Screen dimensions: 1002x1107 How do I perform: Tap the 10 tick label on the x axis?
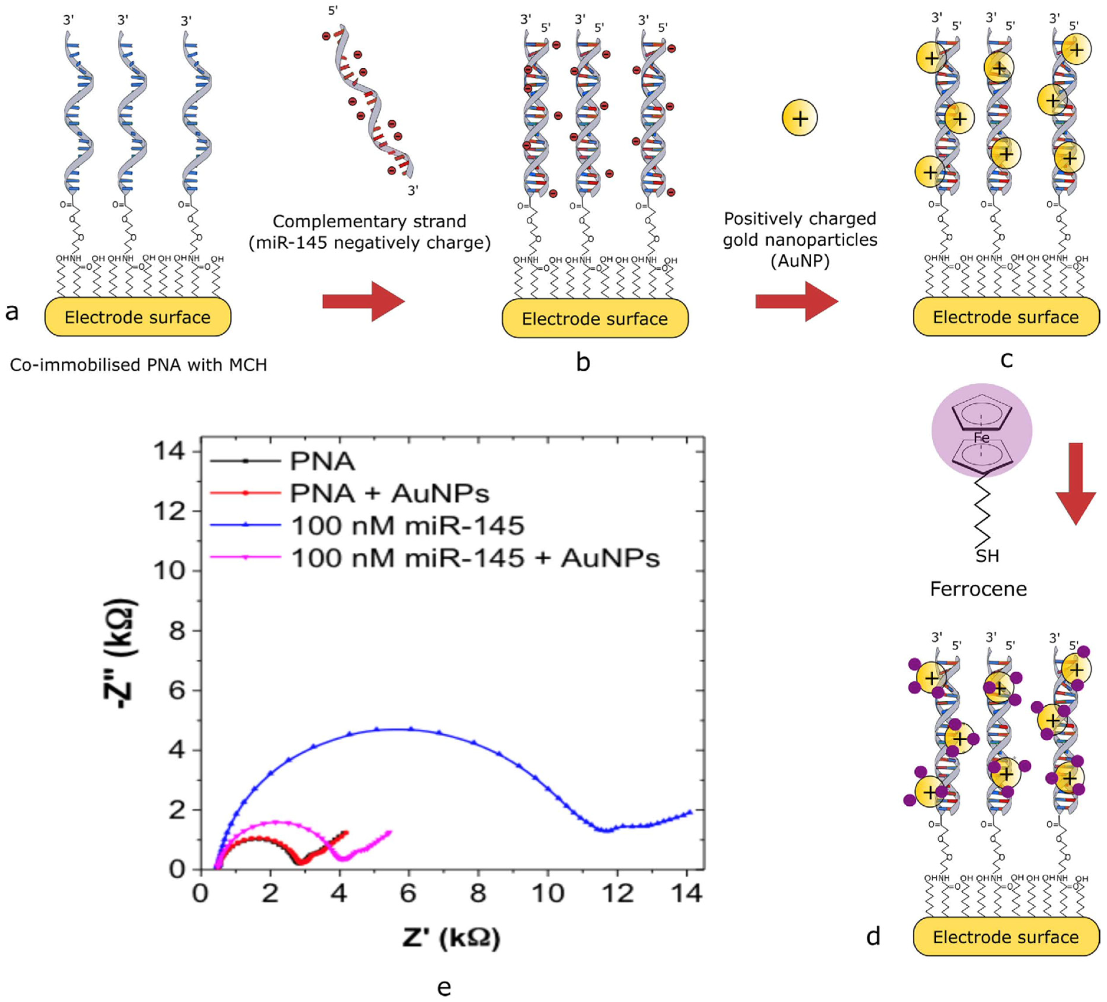pos(548,894)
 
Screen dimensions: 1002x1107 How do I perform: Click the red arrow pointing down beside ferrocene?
pos(1075,483)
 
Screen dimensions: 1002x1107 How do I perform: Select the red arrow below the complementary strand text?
pos(363,301)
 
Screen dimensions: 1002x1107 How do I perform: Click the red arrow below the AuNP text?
pos(797,301)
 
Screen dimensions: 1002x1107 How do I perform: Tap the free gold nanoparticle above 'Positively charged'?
pos(800,118)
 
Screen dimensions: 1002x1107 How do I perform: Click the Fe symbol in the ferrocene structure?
pos(981,437)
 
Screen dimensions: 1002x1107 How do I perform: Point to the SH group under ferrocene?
pos(987,556)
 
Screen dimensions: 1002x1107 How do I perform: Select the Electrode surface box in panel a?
pos(137,317)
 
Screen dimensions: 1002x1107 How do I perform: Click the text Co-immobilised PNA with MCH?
pos(138,365)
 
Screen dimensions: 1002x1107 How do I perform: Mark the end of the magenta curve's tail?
pos(390,832)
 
